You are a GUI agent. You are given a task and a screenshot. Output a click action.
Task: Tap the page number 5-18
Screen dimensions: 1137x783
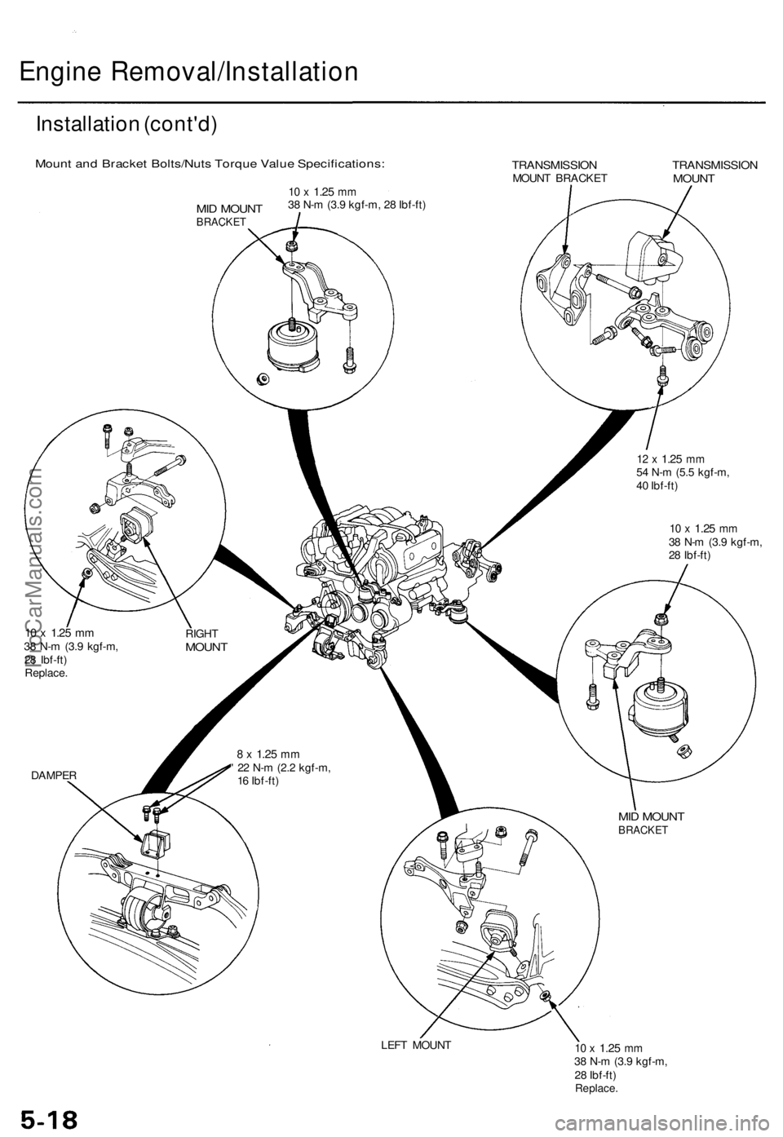(46, 1117)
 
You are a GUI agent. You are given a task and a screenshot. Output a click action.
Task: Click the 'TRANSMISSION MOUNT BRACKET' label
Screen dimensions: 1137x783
(560, 170)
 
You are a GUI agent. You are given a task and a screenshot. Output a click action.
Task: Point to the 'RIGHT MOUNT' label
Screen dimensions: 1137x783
(206, 639)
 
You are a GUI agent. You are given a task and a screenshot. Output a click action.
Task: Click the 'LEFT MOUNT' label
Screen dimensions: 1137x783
(415, 1044)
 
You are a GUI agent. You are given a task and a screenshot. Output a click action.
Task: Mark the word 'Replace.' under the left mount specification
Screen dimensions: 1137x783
(596, 1088)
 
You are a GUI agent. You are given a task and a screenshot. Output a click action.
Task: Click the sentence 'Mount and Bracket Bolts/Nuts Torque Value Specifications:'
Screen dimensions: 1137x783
(210, 164)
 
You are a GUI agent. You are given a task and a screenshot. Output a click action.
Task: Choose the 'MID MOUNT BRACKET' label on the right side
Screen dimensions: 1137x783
(651, 822)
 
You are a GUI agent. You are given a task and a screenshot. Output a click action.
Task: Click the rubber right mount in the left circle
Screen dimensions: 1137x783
(135, 526)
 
